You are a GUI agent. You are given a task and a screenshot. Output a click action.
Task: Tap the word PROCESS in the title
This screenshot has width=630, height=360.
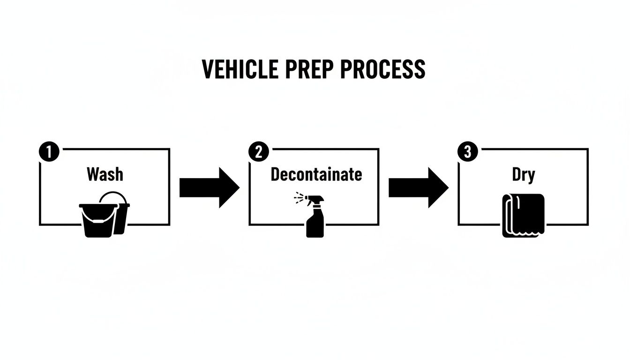click(x=383, y=69)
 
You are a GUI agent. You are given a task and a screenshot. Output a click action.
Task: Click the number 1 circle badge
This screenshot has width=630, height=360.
click(x=49, y=152)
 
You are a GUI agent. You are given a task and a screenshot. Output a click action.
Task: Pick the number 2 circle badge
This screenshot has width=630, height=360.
click(x=258, y=152)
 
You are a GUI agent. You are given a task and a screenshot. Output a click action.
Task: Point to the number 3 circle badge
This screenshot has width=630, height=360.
click(x=467, y=152)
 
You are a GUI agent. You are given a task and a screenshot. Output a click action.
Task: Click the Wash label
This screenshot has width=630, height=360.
click(x=105, y=174)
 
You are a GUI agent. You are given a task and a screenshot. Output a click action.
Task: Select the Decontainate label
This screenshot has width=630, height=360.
click(x=316, y=174)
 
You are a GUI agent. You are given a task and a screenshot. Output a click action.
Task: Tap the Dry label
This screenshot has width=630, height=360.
click(x=523, y=175)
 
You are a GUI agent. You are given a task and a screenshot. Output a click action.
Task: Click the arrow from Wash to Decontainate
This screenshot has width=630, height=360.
click(x=209, y=187)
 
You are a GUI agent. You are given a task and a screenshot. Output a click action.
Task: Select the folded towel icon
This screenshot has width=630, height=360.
click(x=523, y=215)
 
